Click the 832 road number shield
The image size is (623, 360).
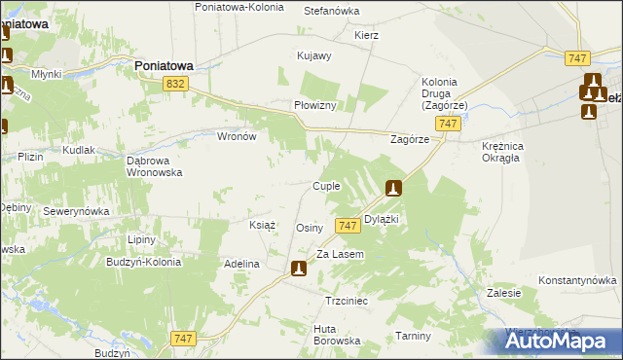coord(175,86)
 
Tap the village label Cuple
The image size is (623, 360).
coord(325,186)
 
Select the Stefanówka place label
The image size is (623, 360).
coord(332,11)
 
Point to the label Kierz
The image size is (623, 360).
coord(367,35)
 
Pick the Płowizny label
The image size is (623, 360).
coord(315,106)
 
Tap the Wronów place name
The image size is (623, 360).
coord(236,137)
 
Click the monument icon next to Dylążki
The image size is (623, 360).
coord(393,188)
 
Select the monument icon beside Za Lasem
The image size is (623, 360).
coord(299,268)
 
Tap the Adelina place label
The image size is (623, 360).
coord(241,264)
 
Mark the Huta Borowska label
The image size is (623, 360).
coord(337,335)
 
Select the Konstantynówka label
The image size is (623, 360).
coord(578,279)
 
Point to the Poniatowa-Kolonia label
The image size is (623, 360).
coord(239,7)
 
